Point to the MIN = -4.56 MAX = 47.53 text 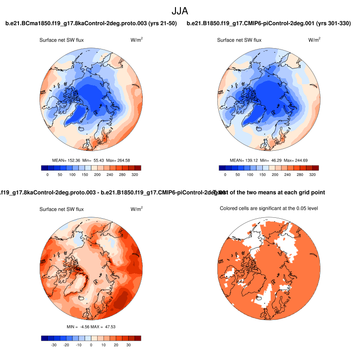(x=91, y=326)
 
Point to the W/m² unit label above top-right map (x=315, y=40)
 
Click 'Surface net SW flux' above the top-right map (x=239, y=40)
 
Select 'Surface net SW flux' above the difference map (x=61, y=209)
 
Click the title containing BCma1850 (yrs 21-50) (x=91, y=23)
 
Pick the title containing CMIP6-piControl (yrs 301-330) (x=269, y=23)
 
